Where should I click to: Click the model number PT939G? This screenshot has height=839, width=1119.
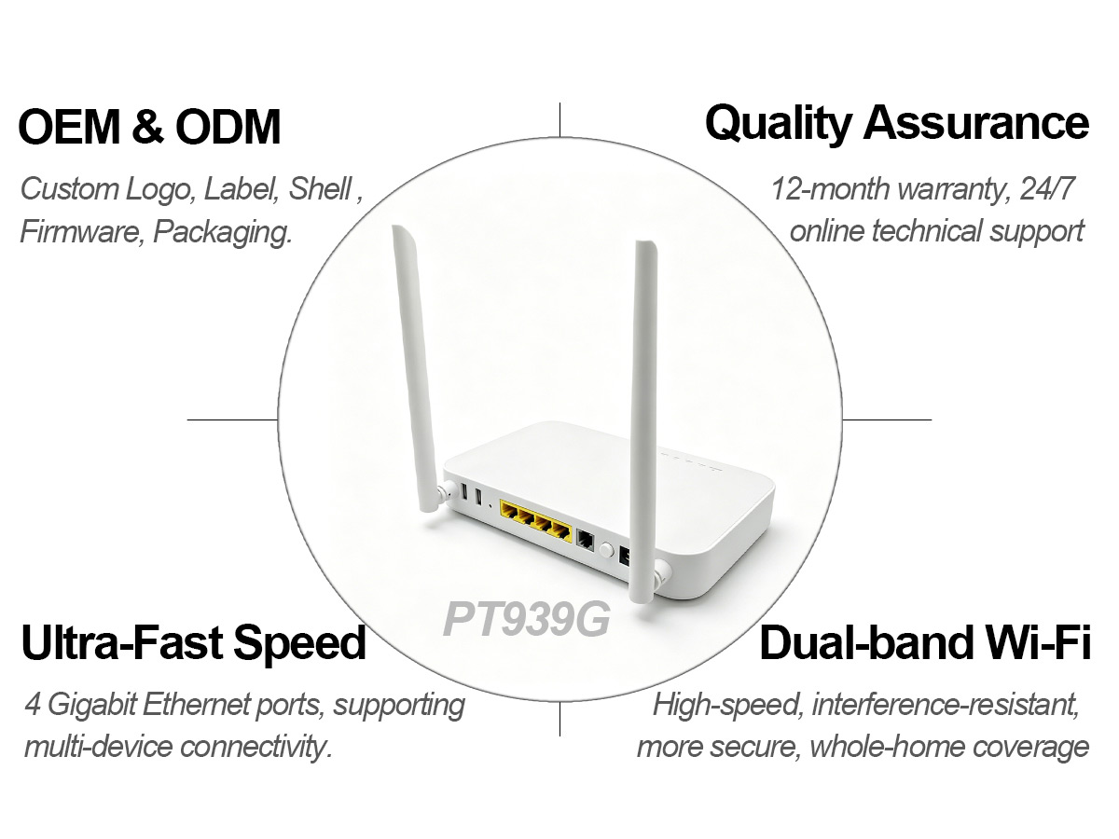(x=526, y=619)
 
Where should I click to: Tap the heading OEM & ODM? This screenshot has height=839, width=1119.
(x=149, y=127)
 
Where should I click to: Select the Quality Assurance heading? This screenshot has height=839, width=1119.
(x=897, y=124)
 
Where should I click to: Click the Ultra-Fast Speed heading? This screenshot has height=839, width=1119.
(x=194, y=642)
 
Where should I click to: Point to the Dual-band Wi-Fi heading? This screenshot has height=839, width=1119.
(x=925, y=642)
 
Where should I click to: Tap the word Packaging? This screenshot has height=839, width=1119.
(x=223, y=232)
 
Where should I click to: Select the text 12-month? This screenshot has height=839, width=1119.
(x=830, y=189)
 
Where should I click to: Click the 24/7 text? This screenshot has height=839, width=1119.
(x=1046, y=189)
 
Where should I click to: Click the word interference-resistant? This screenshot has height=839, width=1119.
(x=946, y=705)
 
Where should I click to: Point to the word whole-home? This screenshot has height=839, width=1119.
(x=887, y=748)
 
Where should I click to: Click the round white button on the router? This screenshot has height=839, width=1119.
(x=605, y=550)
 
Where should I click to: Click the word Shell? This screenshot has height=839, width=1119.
(x=320, y=189)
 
